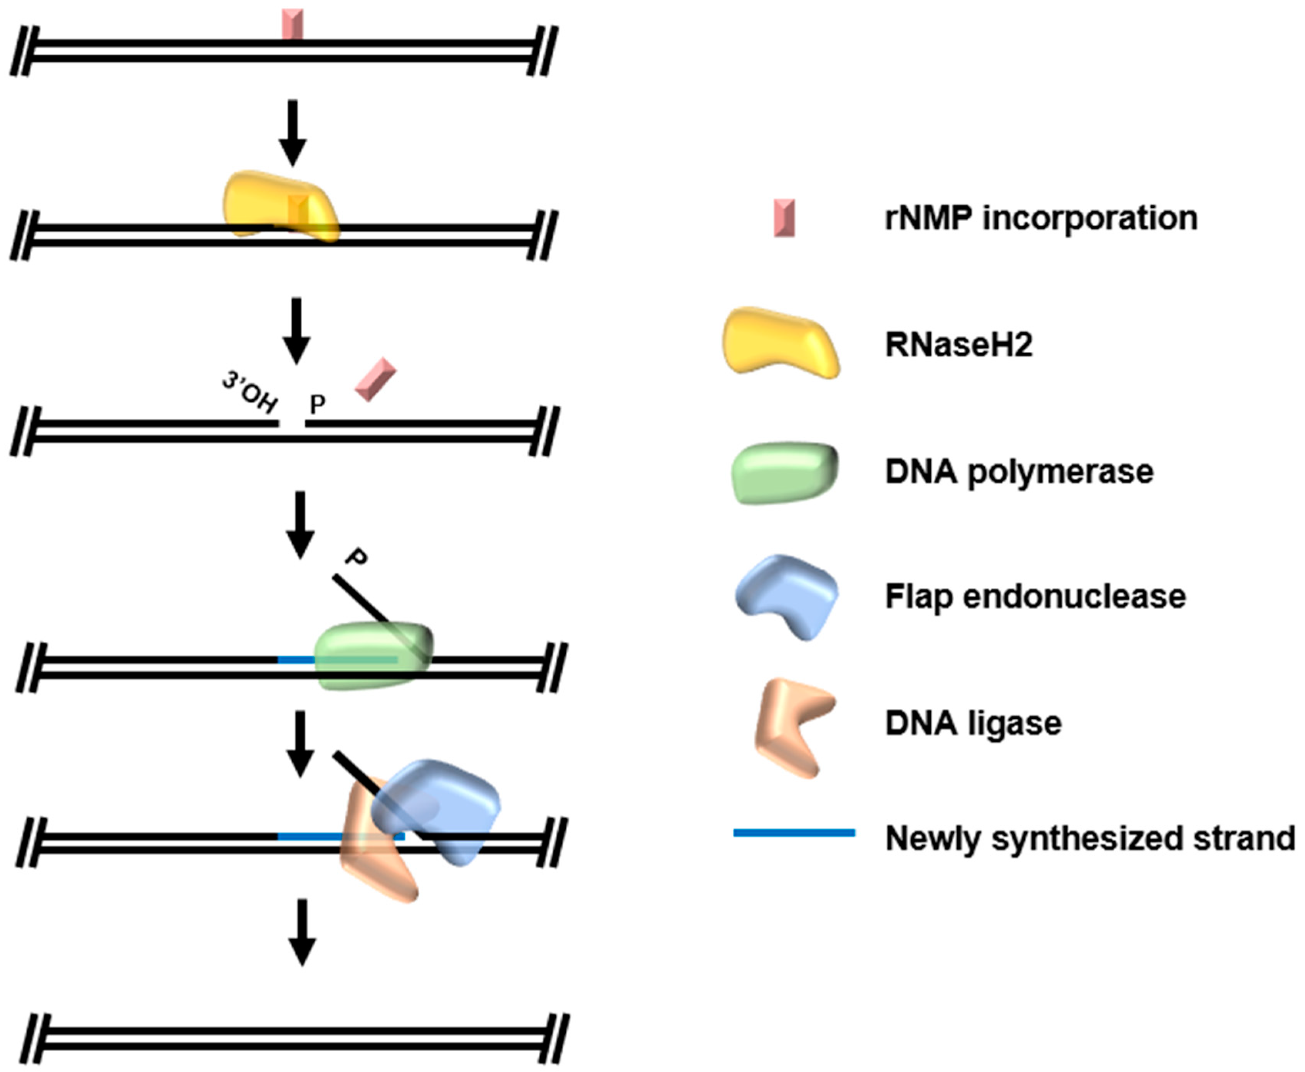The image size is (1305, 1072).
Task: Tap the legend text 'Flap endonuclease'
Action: (x=1035, y=596)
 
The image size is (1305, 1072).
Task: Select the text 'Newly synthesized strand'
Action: (x=1090, y=838)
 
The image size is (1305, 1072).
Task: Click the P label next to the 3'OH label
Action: (x=317, y=404)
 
